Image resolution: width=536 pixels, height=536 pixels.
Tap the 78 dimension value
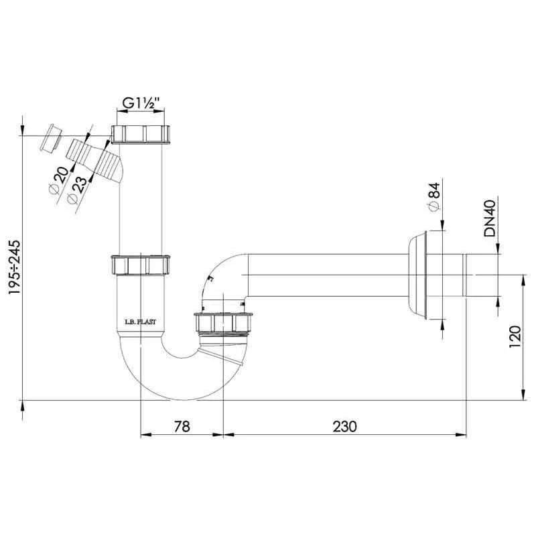point(182,426)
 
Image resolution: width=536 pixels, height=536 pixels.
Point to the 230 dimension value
point(342,426)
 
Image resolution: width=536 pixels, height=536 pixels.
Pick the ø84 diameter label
point(433,196)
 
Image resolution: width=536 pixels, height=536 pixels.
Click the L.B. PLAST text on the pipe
point(140,322)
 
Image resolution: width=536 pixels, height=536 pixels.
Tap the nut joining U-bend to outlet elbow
point(223,322)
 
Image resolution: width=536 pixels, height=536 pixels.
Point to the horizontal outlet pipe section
point(328,274)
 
